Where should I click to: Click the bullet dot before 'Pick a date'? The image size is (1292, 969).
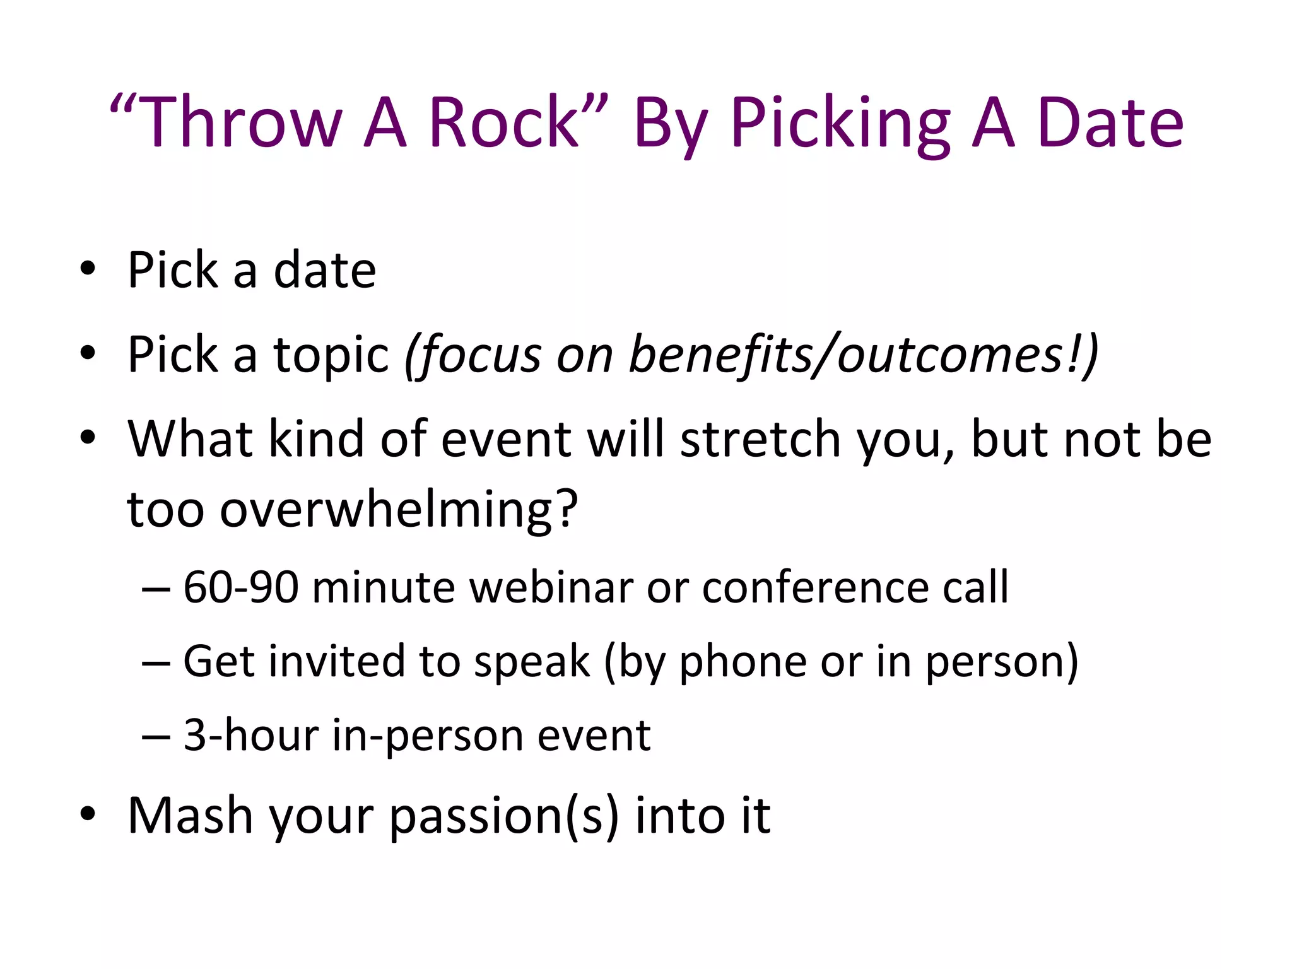[88, 270]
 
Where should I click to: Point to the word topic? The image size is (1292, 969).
[331, 355]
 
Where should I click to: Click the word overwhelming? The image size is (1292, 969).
[352, 510]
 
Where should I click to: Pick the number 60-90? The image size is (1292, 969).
[240, 587]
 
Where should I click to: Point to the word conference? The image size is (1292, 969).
[814, 587]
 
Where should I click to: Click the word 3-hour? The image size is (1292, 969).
[250, 735]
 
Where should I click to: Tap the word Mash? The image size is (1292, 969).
[190, 815]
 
